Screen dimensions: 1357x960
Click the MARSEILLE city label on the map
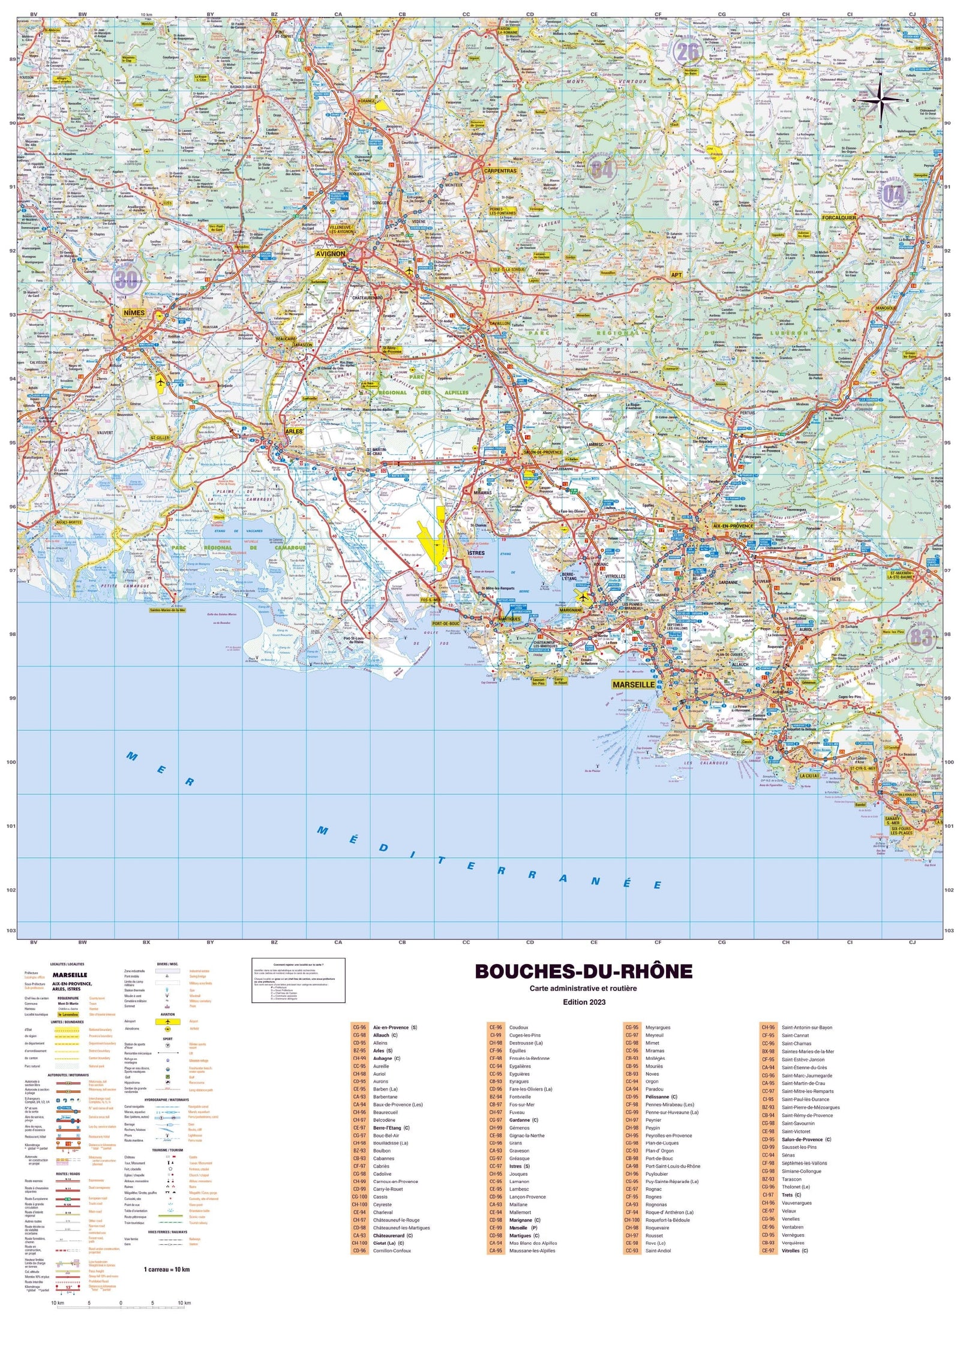[634, 684]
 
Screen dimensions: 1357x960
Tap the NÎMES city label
[134, 313]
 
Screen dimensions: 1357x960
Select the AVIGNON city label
[331, 254]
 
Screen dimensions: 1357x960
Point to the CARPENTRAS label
[500, 171]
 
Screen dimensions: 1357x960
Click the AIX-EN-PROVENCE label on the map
[733, 526]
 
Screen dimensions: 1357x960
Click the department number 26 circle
[688, 52]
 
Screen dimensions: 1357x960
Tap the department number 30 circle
[126, 278]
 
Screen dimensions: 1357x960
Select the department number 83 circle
[922, 637]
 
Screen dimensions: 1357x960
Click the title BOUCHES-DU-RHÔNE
[583, 971]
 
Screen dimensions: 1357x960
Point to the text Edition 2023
[584, 1002]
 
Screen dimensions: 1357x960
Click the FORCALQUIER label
[839, 218]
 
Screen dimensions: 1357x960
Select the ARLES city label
[294, 431]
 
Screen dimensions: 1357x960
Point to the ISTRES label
[476, 553]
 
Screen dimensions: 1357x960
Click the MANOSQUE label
[886, 308]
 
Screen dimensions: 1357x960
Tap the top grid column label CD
[530, 14]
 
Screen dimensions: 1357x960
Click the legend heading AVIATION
[167, 1014]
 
